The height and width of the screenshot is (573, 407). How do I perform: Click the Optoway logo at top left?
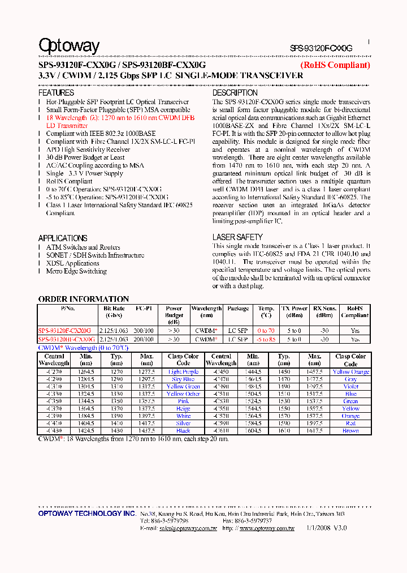68,46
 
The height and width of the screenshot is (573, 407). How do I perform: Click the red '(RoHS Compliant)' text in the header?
335,65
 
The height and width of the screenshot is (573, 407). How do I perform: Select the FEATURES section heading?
56,93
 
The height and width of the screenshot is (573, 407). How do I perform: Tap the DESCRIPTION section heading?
235,93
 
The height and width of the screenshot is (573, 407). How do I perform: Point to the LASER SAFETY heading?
237,237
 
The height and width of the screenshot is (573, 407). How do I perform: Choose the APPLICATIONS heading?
62,238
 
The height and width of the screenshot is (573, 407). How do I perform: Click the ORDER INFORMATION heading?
84,299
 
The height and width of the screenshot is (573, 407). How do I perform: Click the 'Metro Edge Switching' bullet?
76,271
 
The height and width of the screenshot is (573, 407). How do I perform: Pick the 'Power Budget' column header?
174,315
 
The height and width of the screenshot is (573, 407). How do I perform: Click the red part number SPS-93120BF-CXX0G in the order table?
64,339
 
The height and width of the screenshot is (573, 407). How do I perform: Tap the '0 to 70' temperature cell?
266,331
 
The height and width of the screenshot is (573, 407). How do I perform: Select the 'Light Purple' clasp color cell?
183,372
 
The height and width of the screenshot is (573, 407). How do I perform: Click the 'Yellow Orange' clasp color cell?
350,372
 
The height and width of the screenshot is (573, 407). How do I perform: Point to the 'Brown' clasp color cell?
350,431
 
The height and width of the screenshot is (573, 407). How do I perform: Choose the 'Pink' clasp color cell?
183,401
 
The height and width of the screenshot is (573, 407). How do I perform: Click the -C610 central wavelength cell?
221,431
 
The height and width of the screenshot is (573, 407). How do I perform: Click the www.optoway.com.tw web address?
267,528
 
